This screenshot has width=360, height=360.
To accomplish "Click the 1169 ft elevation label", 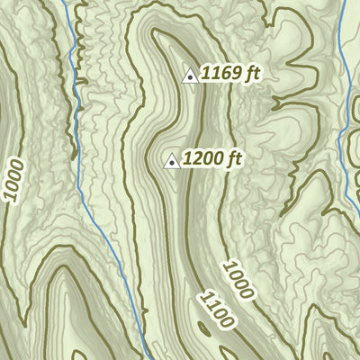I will pyautogui.click(x=231, y=74).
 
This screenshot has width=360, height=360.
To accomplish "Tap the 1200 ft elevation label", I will pyautogui.click(x=212, y=160).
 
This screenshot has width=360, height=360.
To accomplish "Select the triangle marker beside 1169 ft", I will pyautogui.click(x=190, y=76).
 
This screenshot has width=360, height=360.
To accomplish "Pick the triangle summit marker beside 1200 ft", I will pyautogui.click(x=170, y=162).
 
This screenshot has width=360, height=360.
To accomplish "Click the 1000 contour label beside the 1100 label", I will pyautogui.click(x=239, y=280).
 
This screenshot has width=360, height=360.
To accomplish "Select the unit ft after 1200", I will pyautogui.click(x=235, y=159).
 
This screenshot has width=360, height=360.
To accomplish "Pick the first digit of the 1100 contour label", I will pyautogui.click(x=202, y=295).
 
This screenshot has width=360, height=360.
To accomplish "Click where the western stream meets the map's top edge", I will pyautogui.click(x=65, y=2).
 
